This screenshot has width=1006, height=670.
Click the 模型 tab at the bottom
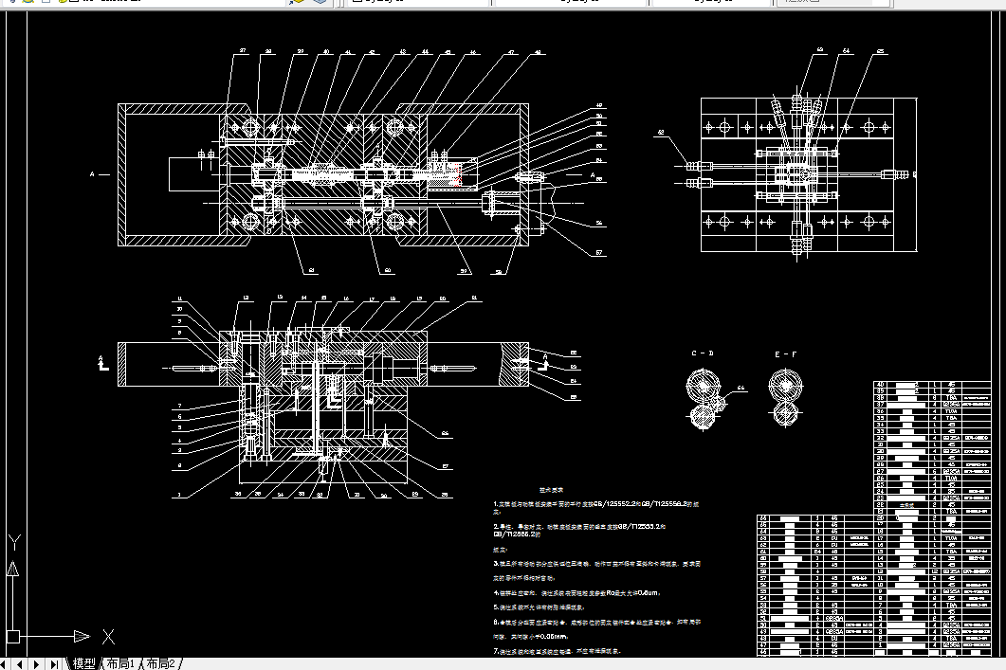point(84,662)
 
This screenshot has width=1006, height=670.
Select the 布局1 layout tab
point(120,662)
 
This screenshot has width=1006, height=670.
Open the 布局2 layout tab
point(159,662)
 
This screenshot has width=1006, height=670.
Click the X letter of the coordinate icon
point(108,636)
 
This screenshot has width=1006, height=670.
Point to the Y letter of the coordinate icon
point(14,543)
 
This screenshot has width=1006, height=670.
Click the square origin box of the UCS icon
point(12,636)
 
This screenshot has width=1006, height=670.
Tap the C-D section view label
point(703,353)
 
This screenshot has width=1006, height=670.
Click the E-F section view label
point(786,353)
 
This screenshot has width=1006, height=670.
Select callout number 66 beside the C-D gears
point(741,388)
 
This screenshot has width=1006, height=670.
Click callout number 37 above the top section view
point(243,50)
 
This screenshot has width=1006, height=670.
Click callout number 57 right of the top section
point(599,253)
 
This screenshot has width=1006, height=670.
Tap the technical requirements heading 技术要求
point(552,489)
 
